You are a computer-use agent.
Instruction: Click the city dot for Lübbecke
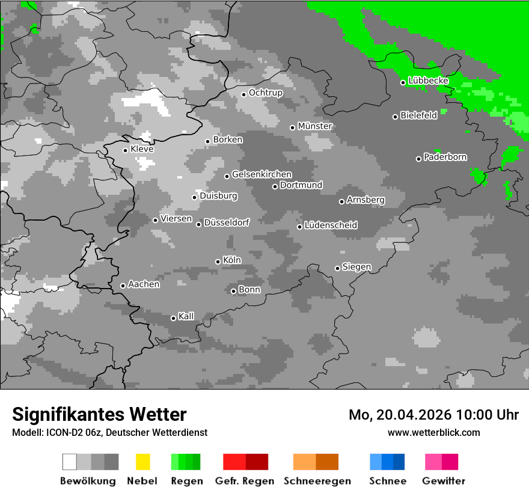coord(403,82)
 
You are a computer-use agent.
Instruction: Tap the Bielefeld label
coord(418,115)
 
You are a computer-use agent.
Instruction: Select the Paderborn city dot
coord(418,159)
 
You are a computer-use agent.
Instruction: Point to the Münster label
coord(315,126)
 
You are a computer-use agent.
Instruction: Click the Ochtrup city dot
coord(243,94)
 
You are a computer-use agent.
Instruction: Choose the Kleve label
coord(142,149)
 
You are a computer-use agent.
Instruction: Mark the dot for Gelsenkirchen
coord(227,176)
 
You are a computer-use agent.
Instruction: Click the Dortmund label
coord(301,185)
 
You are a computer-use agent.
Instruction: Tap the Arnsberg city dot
coord(341,201)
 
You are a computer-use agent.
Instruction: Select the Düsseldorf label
coord(227,222)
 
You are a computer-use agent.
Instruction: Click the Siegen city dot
coord(337,268)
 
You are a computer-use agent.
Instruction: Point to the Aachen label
coord(144,284)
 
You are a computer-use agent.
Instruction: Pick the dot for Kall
coord(173,318)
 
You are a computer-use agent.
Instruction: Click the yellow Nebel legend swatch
coord(142,462)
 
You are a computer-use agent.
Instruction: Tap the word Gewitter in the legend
coord(444,481)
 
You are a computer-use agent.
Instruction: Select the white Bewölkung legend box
coord(70,462)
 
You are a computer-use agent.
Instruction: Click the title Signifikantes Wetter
coord(99,414)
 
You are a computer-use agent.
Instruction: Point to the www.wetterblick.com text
coord(433,432)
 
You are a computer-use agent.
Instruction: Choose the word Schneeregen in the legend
coord(317,481)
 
